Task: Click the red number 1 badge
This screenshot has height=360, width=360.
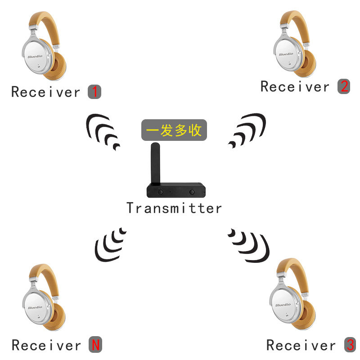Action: (x=94, y=92)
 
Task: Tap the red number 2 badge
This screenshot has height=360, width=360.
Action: (x=344, y=86)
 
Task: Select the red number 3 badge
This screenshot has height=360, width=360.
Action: (x=350, y=345)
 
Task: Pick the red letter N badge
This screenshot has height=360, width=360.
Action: (x=95, y=345)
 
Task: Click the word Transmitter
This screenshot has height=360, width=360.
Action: (x=174, y=208)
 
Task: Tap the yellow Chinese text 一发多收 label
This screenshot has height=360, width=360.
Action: (x=174, y=130)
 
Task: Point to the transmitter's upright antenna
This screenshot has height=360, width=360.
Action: (x=154, y=164)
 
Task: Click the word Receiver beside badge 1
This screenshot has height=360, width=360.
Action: (x=45, y=92)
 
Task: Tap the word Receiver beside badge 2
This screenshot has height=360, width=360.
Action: (x=295, y=86)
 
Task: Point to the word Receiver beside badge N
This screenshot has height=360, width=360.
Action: (x=46, y=346)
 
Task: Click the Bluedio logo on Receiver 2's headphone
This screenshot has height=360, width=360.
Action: (x=286, y=54)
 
